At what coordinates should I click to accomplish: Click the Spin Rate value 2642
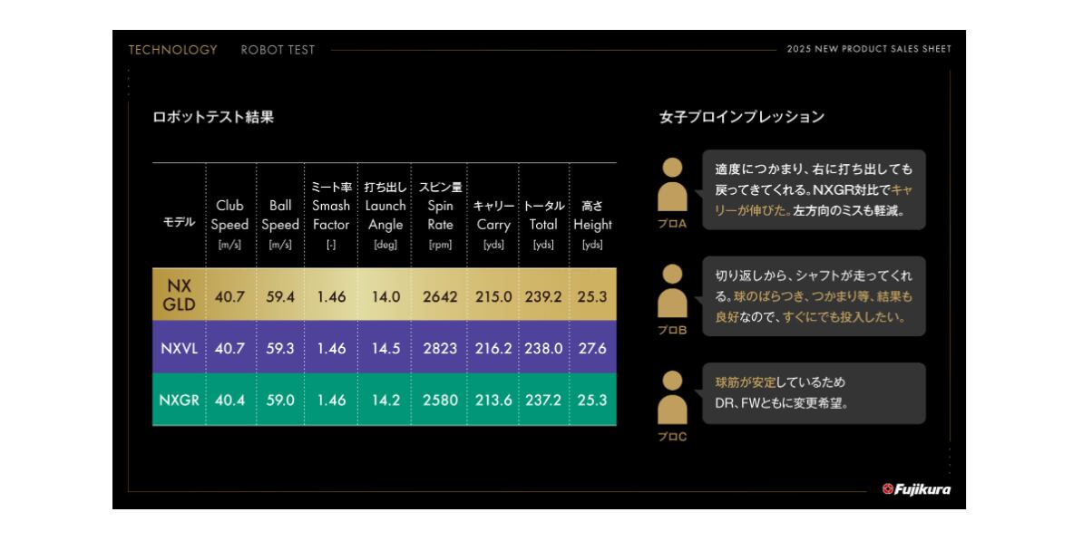(440, 296)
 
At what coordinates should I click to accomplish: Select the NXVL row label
(179, 348)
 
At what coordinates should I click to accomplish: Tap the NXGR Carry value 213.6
(493, 400)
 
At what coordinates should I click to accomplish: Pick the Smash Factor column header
(331, 215)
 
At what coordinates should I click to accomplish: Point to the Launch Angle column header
(385, 215)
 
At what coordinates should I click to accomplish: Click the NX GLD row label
(179, 295)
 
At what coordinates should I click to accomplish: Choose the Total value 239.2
(543, 296)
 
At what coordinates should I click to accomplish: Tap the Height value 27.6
(591, 348)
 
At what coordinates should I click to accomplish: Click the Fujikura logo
(916, 489)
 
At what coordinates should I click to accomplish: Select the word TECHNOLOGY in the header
(172, 50)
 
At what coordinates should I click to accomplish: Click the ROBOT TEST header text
(278, 50)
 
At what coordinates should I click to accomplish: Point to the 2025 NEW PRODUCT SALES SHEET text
(869, 50)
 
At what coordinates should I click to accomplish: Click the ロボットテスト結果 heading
(213, 117)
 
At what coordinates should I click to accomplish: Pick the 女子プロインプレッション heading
(742, 117)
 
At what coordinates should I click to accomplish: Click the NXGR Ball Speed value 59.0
(280, 400)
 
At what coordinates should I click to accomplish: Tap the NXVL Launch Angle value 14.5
(385, 348)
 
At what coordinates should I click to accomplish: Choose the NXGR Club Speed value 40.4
(229, 400)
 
